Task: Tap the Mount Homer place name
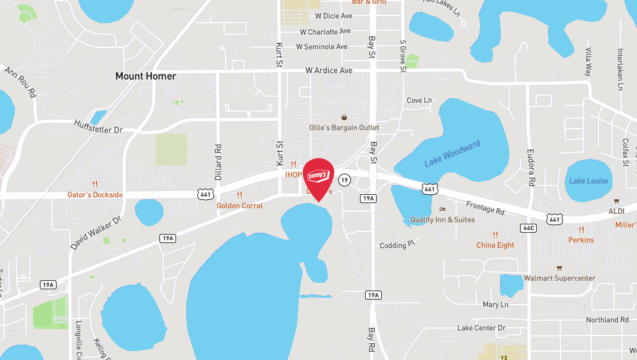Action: pyautogui.click(x=145, y=76)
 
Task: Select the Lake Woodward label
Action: pyautogui.click(x=453, y=154)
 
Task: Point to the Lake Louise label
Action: pyautogui.click(x=588, y=181)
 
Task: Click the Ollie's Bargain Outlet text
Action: pyautogui.click(x=344, y=128)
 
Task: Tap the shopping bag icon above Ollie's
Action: pyautogui.click(x=345, y=118)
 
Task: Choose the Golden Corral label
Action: pyautogui.click(x=239, y=206)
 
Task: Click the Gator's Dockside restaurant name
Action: pyautogui.click(x=95, y=195)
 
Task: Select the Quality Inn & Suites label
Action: pyautogui.click(x=442, y=220)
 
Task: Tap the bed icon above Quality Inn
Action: pyautogui.click(x=442, y=210)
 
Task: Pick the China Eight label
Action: pyautogui.click(x=495, y=245)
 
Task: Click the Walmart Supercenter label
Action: pyautogui.click(x=559, y=278)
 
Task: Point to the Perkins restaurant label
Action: pyautogui.click(x=581, y=240)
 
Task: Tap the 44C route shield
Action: pyautogui.click(x=528, y=228)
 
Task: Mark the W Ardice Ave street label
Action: pyautogui.click(x=328, y=70)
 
